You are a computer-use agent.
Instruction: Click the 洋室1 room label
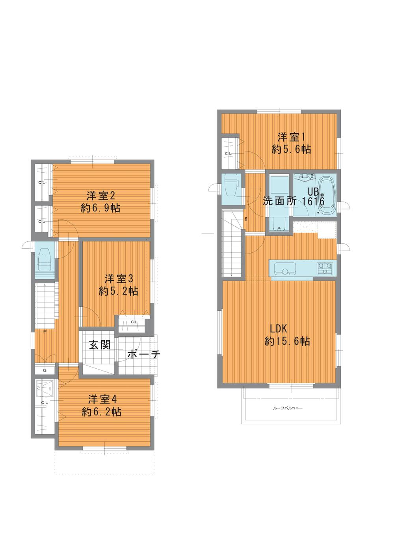pos(292,137)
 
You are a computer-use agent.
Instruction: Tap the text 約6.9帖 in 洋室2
pos(100,208)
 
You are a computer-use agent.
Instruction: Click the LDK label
pos(279,328)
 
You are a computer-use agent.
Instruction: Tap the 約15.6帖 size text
pos(287,341)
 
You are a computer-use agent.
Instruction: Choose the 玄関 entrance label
pos(99,345)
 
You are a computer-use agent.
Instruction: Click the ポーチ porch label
pos(143,355)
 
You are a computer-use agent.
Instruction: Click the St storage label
pos(45,371)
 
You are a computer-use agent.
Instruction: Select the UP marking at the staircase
pos(45,331)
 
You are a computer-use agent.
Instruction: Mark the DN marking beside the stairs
pos(246,219)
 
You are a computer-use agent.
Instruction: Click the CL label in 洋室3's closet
pos(134,322)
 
